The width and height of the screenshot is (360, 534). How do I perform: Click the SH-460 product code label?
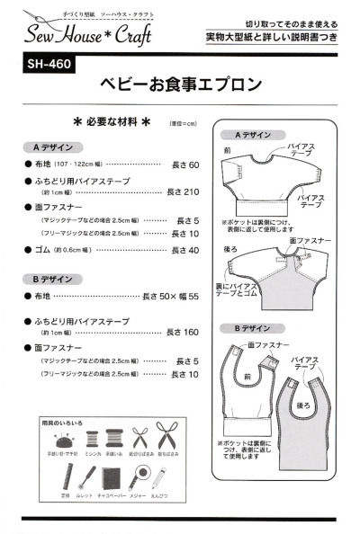pos(46,65)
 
